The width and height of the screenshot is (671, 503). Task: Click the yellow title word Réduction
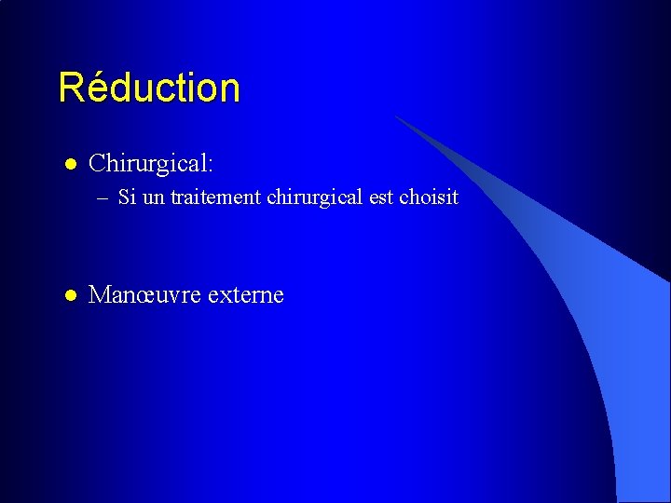click(x=149, y=88)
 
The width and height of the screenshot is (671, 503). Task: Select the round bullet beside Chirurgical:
click(x=69, y=165)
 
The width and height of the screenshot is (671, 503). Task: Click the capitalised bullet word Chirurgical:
click(x=151, y=165)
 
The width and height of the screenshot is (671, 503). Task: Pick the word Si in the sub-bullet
click(x=126, y=197)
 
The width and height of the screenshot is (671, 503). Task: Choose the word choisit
click(x=429, y=197)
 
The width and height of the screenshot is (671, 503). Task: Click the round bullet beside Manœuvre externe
click(x=69, y=296)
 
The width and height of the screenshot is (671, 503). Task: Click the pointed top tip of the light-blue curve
click(x=395, y=116)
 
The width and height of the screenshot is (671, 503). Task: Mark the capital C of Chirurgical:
click(x=97, y=165)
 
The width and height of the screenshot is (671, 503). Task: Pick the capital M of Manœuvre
click(x=99, y=296)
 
